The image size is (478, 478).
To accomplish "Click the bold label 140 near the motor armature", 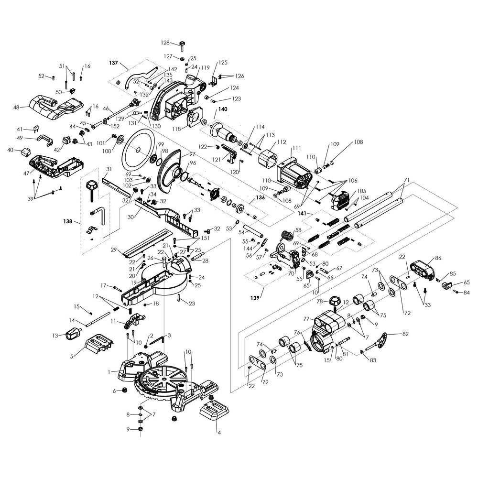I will tap(223, 109).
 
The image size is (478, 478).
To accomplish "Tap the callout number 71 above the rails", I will tap(407, 180).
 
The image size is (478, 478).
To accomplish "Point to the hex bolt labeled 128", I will tap(183, 45).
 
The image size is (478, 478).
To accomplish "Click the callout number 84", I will tap(467, 293).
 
